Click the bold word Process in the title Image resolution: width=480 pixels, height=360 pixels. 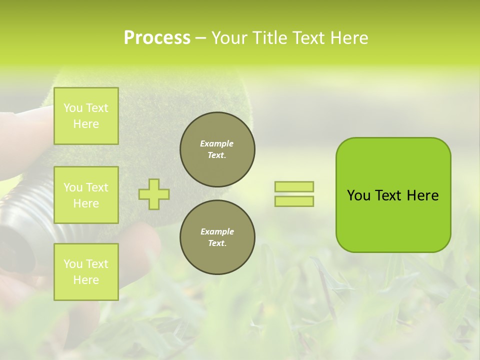pyautogui.click(x=157, y=38)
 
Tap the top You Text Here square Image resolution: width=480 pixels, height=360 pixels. pyautogui.click(x=86, y=116)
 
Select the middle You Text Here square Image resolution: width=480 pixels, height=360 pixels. pyautogui.click(x=86, y=195)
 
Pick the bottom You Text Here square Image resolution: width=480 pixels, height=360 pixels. pyautogui.click(x=86, y=271)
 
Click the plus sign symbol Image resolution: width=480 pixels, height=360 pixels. pyautogui.click(x=154, y=194)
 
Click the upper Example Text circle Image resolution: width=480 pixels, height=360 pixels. pyautogui.click(x=217, y=149)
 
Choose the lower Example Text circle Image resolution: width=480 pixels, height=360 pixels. pyautogui.click(x=217, y=237)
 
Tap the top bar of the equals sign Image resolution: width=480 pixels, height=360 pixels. pyautogui.click(x=294, y=187)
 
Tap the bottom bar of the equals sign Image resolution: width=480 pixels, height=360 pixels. pyautogui.click(x=294, y=201)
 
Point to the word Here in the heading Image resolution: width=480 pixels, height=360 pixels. pyautogui.click(x=348, y=38)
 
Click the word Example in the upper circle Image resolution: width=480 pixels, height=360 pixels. pyautogui.click(x=216, y=143)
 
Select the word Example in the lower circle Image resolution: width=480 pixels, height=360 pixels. pyautogui.click(x=216, y=231)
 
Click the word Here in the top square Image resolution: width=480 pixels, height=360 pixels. pyautogui.click(x=86, y=124)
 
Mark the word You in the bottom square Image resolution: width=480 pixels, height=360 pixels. pyautogui.click(x=73, y=264)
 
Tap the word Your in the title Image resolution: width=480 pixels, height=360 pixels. pyautogui.click(x=230, y=38)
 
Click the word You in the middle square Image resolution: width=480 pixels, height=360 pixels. pyautogui.click(x=73, y=187)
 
